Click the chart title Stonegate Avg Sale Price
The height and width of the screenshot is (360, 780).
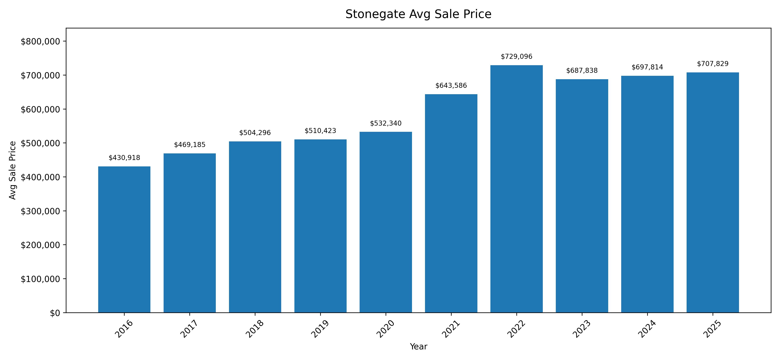tap(418, 14)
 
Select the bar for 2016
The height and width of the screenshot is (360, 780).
tap(124, 239)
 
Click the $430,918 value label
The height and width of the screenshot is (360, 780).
tap(124, 158)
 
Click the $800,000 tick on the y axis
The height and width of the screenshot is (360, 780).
tap(40, 41)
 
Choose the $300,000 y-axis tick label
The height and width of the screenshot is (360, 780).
tap(40, 211)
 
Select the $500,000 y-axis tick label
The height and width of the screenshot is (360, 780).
tap(40, 143)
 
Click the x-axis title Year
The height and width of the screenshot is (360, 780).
tap(418, 347)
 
